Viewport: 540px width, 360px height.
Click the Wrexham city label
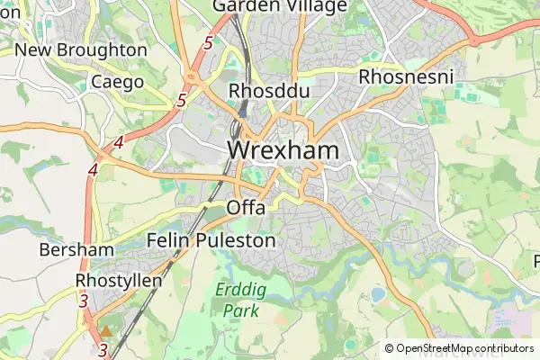tap(283, 150)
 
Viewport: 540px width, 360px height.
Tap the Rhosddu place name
tap(256, 91)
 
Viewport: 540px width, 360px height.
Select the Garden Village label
tap(280, 7)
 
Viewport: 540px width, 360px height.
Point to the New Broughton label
tap(81, 50)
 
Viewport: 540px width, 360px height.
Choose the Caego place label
tap(118, 82)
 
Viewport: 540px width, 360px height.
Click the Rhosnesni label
tap(404, 76)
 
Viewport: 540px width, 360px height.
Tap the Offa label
tap(247, 208)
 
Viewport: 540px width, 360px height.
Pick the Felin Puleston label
tap(211, 241)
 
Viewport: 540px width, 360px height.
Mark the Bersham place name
tap(76, 249)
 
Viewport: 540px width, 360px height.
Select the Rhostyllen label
tap(119, 281)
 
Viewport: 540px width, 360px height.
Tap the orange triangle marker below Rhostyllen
tap(106, 331)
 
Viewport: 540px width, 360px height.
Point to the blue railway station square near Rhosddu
tap(243, 114)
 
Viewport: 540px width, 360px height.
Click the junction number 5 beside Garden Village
tap(209, 43)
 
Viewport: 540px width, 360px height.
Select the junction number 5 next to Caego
tap(182, 100)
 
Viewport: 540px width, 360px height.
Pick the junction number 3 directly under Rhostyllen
tap(83, 301)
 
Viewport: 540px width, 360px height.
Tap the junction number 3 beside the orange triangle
tap(104, 349)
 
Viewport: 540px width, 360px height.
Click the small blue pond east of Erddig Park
tap(378, 294)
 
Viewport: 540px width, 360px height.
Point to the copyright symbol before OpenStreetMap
tap(390, 348)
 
